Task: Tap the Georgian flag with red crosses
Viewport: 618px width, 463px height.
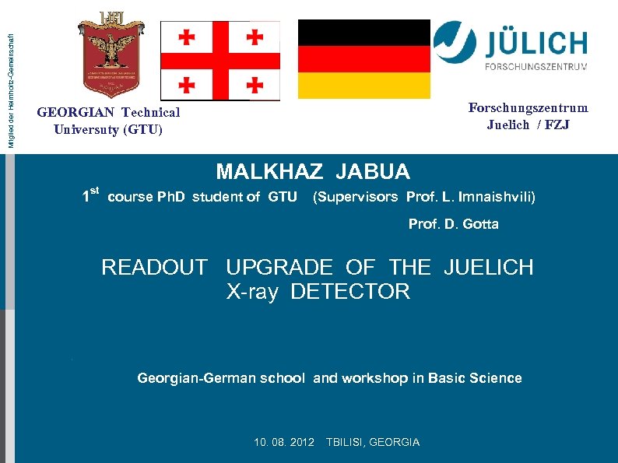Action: click(x=219, y=60)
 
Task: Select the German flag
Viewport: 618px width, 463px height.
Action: click(x=364, y=59)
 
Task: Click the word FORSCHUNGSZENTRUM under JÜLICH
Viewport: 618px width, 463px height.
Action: click(x=536, y=67)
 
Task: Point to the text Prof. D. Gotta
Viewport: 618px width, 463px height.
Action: click(x=454, y=224)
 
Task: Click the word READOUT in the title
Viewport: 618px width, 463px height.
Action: click(x=154, y=268)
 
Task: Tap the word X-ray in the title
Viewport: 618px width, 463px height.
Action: click(x=251, y=292)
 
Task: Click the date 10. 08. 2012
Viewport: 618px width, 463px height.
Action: click(x=284, y=442)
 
